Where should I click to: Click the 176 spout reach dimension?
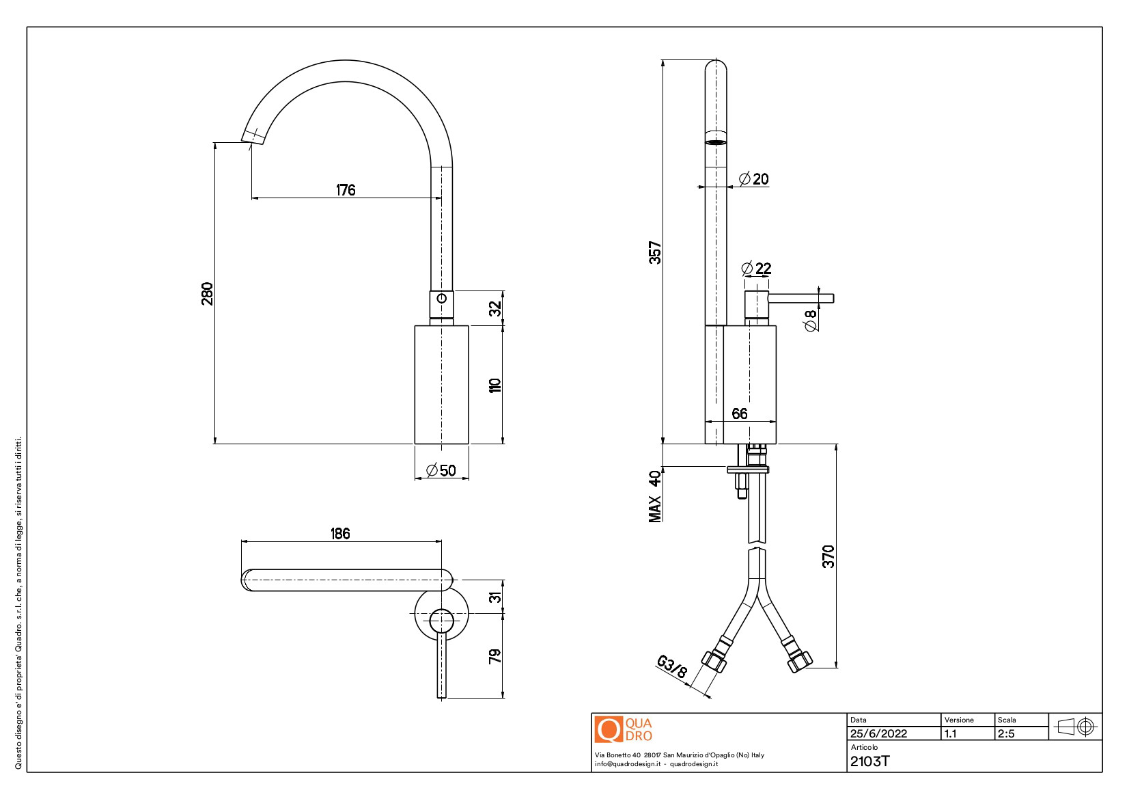[x=346, y=190]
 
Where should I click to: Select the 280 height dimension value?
[x=207, y=293]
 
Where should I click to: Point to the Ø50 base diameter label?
[x=441, y=470]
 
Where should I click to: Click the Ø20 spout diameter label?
[x=753, y=179]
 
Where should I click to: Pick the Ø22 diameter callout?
[x=756, y=269]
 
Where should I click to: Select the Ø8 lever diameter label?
[x=811, y=320]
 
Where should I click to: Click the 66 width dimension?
[x=739, y=414]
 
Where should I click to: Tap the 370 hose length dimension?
[x=828, y=556]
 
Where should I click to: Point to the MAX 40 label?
[x=655, y=496]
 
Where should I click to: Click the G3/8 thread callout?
[x=671, y=666]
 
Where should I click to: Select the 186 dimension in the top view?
[x=340, y=533]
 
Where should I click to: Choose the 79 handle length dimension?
[x=495, y=655]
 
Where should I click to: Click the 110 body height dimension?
[x=495, y=385]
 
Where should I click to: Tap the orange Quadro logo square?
[x=608, y=729]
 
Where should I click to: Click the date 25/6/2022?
[x=878, y=733]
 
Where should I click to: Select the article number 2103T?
[x=869, y=761]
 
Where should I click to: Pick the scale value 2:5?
[x=1006, y=733]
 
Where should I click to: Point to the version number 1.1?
[x=950, y=733]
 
